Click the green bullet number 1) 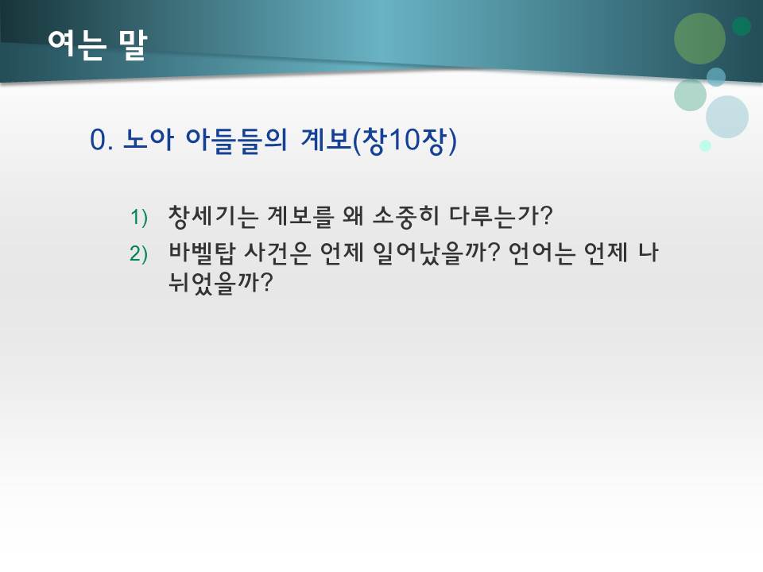point(139,217)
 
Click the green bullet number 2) point(139,253)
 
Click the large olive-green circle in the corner point(699,38)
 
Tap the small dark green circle point(741,26)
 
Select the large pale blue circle point(726,117)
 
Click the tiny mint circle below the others point(705,145)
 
